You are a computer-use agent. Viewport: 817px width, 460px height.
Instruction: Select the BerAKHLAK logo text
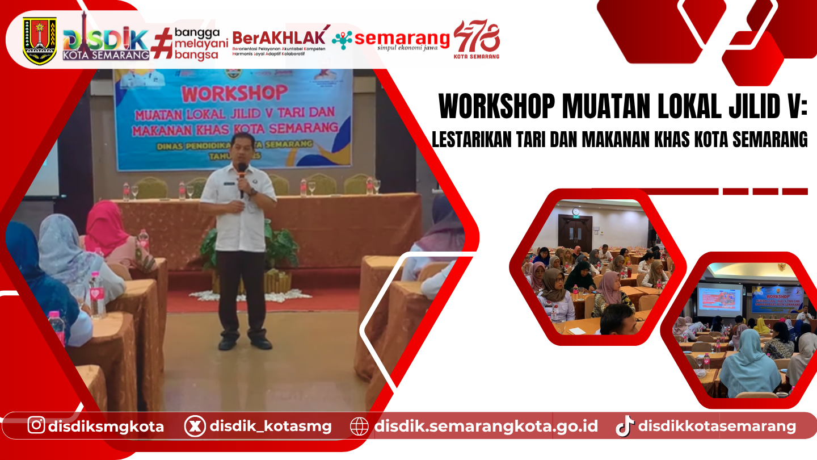pos(280,39)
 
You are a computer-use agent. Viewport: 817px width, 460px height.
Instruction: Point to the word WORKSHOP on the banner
pos(234,93)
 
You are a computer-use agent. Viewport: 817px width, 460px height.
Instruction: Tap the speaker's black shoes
pos(245,343)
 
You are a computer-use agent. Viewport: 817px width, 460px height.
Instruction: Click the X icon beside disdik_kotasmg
pos(195,426)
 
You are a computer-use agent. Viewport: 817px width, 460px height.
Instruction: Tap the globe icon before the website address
pos(359,426)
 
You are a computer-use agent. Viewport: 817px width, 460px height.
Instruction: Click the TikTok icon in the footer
pos(625,426)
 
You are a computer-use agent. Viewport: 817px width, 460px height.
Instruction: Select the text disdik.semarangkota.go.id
pos(486,426)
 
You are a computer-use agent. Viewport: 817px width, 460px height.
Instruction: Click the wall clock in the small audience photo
pos(576,212)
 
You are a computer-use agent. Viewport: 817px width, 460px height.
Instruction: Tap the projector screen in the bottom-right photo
pos(719,299)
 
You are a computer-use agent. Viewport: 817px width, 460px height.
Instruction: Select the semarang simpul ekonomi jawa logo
pos(391,40)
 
